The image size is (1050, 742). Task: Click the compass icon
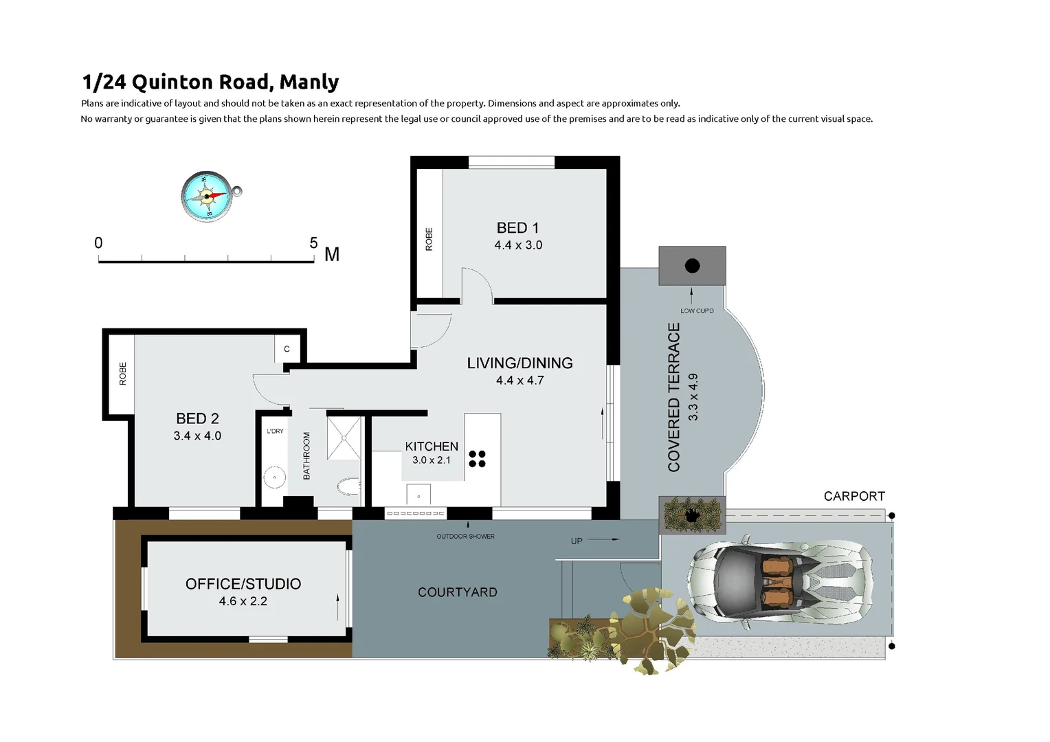tap(207, 196)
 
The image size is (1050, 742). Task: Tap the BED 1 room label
tap(517, 228)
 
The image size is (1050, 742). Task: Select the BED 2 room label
tap(197, 418)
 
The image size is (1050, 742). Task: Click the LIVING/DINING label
tap(520, 363)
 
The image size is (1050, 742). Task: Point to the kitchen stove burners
tap(477, 459)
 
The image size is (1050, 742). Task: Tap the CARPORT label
tap(854, 496)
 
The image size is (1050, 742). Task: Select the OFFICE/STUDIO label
tap(243, 584)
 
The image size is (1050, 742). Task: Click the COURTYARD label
tap(457, 592)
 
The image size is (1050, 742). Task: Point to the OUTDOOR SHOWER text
tap(465, 537)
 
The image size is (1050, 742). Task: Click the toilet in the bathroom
tap(348, 487)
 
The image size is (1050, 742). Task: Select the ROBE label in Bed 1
tap(429, 239)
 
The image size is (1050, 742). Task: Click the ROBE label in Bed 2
tap(123, 373)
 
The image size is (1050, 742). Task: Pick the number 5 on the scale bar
tap(313, 243)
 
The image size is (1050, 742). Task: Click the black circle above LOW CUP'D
tap(692, 265)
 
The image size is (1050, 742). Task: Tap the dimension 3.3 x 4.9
tap(693, 397)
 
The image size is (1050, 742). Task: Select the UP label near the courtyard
tap(577, 541)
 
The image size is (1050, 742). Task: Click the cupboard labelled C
tap(287, 349)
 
